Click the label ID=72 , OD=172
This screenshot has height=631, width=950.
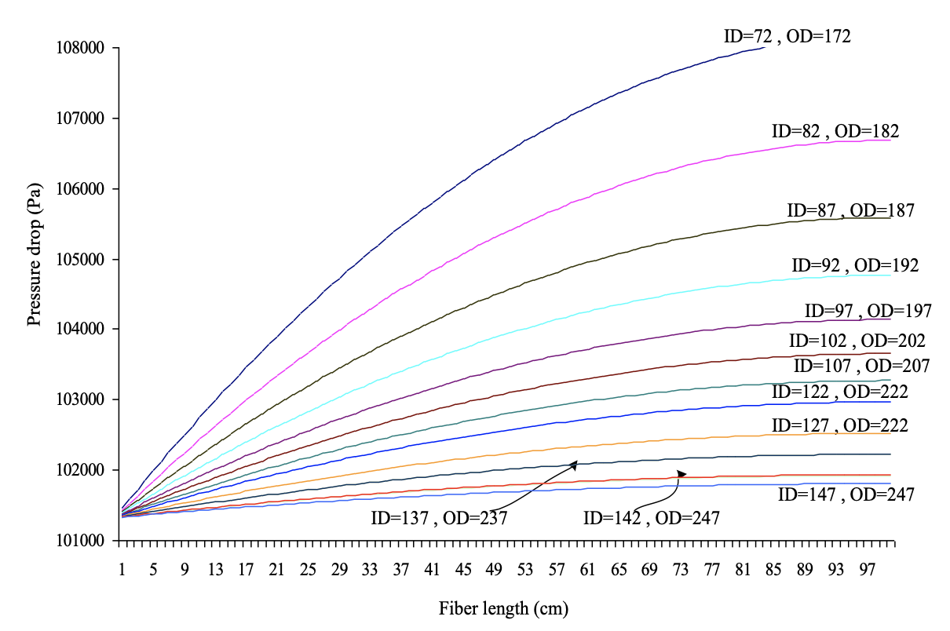pos(787,36)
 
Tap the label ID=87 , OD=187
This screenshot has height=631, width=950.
pos(850,210)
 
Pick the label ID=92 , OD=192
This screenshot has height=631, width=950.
pos(854,265)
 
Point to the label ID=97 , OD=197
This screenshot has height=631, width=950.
pos(868,311)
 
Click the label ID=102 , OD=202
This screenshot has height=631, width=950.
pos(857,341)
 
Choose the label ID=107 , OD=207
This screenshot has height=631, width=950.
pos(861,366)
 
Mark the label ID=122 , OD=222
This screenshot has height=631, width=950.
pos(839,392)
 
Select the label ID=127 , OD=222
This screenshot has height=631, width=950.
pos(839,425)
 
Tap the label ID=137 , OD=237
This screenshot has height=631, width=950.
pos(439,518)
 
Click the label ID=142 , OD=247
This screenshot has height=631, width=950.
pos(651,517)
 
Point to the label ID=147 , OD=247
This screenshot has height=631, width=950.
pos(846,494)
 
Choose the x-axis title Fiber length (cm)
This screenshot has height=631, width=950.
pos(503,608)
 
